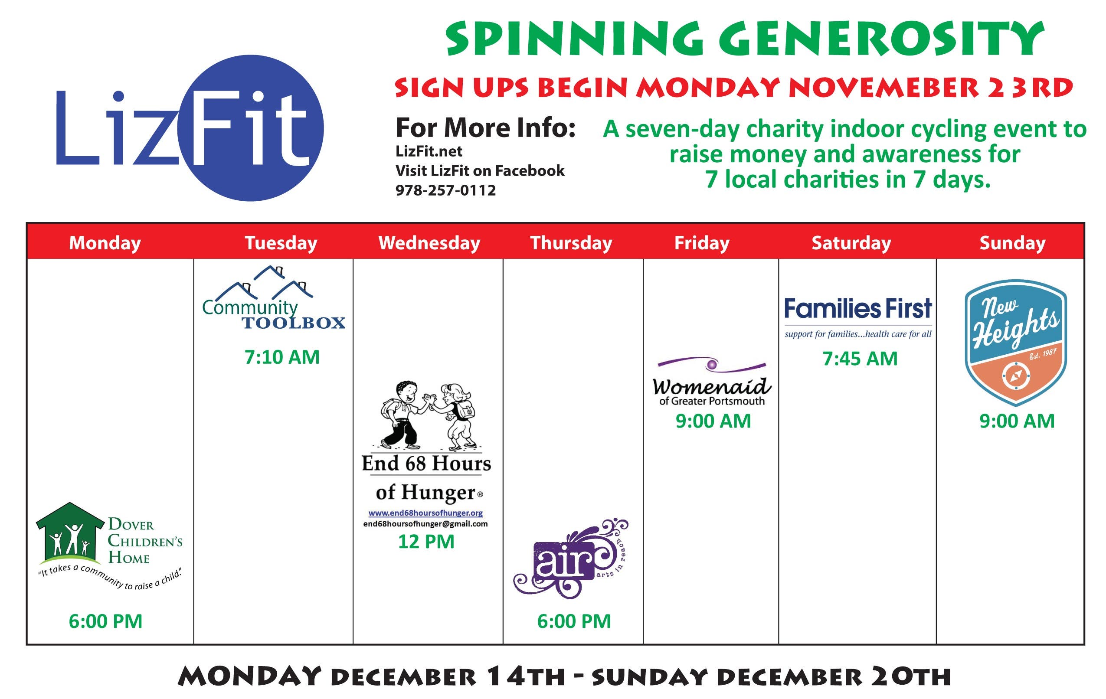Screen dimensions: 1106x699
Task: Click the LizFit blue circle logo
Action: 251,127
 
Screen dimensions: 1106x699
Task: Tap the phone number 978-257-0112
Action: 445,190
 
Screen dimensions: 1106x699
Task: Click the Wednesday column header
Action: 429,242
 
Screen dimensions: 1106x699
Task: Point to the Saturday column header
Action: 851,242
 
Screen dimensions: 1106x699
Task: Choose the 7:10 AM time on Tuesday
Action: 282,357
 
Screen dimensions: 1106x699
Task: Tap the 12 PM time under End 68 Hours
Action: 426,542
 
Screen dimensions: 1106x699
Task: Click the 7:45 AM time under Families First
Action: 860,358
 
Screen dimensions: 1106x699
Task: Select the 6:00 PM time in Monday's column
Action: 106,621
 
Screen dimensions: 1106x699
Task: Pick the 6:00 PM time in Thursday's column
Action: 574,621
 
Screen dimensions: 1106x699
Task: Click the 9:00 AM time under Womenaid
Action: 713,421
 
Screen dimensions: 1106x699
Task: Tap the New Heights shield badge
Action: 1015,343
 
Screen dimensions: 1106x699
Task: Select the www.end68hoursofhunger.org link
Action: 425,513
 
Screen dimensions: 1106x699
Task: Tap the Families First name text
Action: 857,308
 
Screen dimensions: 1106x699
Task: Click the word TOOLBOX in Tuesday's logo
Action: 294,323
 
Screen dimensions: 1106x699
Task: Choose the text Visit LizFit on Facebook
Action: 480,171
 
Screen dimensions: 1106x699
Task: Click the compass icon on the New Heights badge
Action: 1015,376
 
